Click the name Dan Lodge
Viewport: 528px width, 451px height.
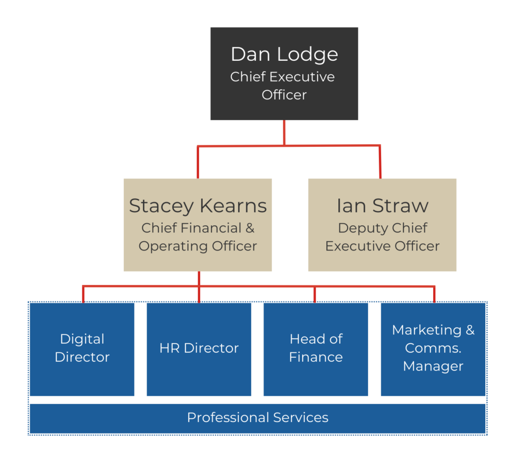pyautogui.click(x=284, y=55)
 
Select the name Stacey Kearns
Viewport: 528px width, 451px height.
pyautogui.click(x=197, y=206)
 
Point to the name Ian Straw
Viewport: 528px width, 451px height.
pyautogui.click(x=382, y=206)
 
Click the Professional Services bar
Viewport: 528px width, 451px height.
pyautogui.click(x=258, y=418)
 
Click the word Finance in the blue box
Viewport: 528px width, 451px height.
pyautogui.click(x=316, y=357)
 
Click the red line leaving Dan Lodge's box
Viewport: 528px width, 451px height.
pyautogui.click(x=284, y=132)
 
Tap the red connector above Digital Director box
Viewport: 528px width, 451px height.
pyautogui.click(x=83, y=294)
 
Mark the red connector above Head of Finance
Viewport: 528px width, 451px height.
pyautogui.click(x=315, y=294)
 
